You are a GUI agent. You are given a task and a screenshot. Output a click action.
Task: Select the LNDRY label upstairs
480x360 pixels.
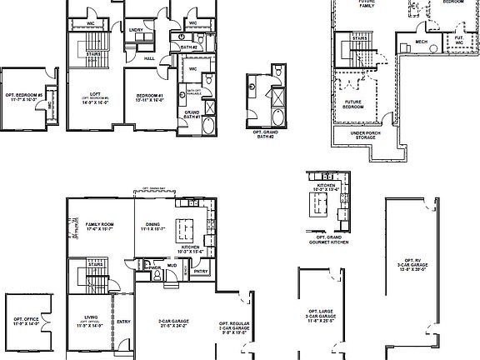[137, 31]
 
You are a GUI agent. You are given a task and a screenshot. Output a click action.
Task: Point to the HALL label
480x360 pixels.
[150, 58]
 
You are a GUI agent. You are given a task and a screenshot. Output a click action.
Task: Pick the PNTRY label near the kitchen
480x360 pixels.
[200, 271]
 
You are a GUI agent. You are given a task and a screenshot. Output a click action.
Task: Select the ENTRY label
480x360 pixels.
[122, 322]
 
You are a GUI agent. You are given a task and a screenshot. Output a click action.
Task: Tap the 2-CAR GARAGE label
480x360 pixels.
[174, 322]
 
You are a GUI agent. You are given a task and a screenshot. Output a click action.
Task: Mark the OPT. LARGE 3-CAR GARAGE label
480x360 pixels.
[320, 317]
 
